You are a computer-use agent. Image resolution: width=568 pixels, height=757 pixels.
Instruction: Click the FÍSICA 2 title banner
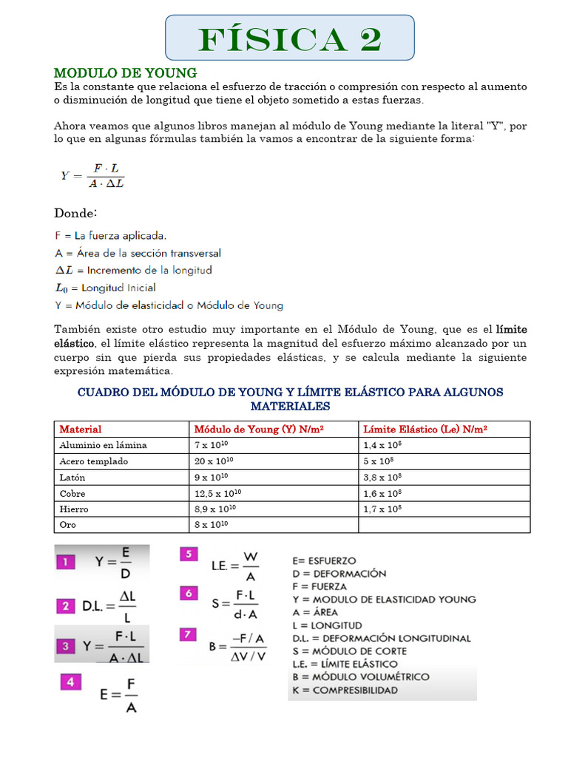click(x=289, y=37)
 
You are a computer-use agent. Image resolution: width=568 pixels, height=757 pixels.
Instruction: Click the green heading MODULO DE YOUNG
click(x=125, y=72)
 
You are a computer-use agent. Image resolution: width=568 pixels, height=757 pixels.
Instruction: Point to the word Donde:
click(x=75, y=213)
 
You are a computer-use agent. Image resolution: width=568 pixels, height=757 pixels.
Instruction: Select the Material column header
click(x=81, y=430)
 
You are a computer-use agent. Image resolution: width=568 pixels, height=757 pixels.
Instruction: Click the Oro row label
click(x=67, y=525)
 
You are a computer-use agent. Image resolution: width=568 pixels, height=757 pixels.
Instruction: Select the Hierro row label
click(x=74, y=509)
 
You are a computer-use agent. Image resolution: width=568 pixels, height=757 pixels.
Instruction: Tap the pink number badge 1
click(x=66, y=563)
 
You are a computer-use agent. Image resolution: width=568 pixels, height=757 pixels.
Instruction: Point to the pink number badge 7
click(x=189, y=634)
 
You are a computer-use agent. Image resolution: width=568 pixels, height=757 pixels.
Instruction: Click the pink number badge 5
click(x=189, y=554)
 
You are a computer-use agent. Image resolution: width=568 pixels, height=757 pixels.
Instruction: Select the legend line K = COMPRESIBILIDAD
click(x=345, y=690)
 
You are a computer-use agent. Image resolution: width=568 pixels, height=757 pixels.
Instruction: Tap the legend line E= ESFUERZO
click(x=324, y=561)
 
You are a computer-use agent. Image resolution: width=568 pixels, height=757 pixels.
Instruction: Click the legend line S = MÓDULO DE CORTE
click(x=349, y=651)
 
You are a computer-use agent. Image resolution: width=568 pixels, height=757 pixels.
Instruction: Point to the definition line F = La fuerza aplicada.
click(x=111, y=236)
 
